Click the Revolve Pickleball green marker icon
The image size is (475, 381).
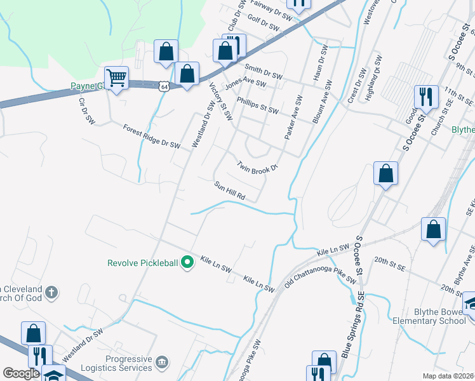tap(187, 262)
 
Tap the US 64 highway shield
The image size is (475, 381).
tap(164, 86)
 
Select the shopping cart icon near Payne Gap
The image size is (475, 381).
tap(116, 78)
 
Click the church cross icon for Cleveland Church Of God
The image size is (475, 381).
tap(52, 293)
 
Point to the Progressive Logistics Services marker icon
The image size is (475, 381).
tap(162, 362)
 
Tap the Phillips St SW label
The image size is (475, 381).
tap(257, 106)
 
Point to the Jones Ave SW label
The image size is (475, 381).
tap(245, 83)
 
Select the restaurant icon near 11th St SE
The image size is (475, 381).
tap(425, 97)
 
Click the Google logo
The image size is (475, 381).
tap(22, 373)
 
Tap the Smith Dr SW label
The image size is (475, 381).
tap(263, 70)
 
